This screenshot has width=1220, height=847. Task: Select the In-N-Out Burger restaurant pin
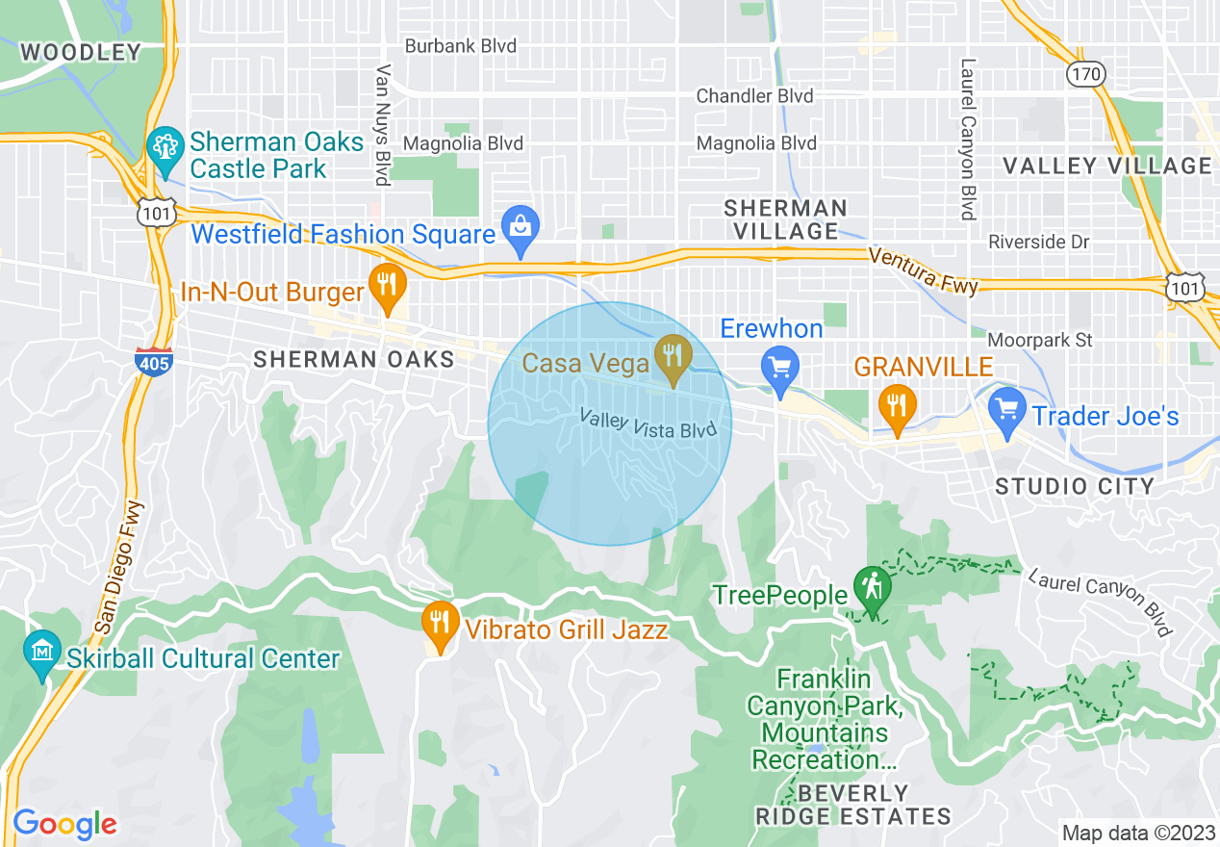pyautogui.click(x=387, y=286)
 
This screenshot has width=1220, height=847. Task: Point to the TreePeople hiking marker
pyautogui.click(x=872, y=587)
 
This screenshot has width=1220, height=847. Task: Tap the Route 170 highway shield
pyautogui.click(x=1086, y=73)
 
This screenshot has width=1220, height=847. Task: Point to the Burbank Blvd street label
pyautogui.click(x=460, y=46)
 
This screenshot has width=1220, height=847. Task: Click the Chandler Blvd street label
pyautogui.click(x=754, y=96)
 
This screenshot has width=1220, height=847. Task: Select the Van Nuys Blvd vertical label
pyautogui.click(x=383, y=125)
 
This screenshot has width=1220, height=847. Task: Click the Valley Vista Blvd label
pyautogui.click(x=649, y=423)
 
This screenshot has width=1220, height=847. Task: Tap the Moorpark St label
pyautogui.click(x=1041, y=340)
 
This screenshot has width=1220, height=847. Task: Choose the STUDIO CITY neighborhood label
pyautogui.click(x=1075, y=486)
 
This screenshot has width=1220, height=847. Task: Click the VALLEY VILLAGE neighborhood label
pyautogui.click(x=1107, y=166)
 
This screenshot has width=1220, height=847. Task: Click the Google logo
pyautogui.click(x=64, y=825)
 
